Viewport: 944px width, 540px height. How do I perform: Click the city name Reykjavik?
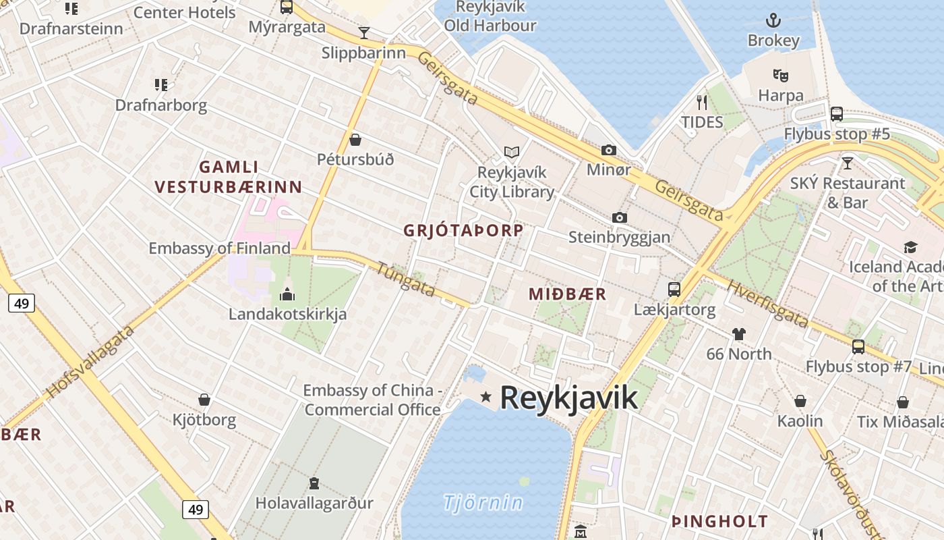pyautogui.click(x=568, y=397)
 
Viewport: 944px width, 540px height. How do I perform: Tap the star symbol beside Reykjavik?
pyautogui.click(x=485, y=396)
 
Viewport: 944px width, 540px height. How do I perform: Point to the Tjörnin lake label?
pyautogui.click(x=483, y=502)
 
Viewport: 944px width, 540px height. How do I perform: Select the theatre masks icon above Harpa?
pyautogui.click(x=780, y=75)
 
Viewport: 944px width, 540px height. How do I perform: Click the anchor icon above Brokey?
pyautogui.click(x=773, y=20)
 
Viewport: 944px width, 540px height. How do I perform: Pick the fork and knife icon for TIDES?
pyautogui.click(x=702, y=102)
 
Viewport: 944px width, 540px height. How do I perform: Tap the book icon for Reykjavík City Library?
pyautogui.click(x=512, y=153)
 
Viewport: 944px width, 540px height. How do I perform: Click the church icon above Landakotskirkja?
pyautogui.click(x=287, y=294)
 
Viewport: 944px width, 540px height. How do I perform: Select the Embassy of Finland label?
pyautogui.click(x=219, y=248)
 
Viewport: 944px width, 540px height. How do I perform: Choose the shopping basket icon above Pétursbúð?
pyautogui.click(x=355, y=140)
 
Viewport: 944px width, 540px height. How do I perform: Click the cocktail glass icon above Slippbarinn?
pyautogui.click(x=364, y=32)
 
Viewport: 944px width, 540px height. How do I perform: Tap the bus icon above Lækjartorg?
pyautogui.click(x=674, y=290)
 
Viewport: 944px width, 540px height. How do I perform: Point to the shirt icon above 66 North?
pyautogui.click(x=739, y=333)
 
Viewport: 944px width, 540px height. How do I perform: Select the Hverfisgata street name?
pyautogui.click(x=767, y=303)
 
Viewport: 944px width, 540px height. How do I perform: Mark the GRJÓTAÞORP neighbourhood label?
pyautogui.click(x=463, y=230)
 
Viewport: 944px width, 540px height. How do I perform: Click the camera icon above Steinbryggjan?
pyautogui.click(x=619, y=217)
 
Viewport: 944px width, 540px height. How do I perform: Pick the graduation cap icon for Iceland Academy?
pyautogui.click(x=910, y=247)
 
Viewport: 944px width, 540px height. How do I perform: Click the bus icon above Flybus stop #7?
pyautogui.click(x=858, y=346)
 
